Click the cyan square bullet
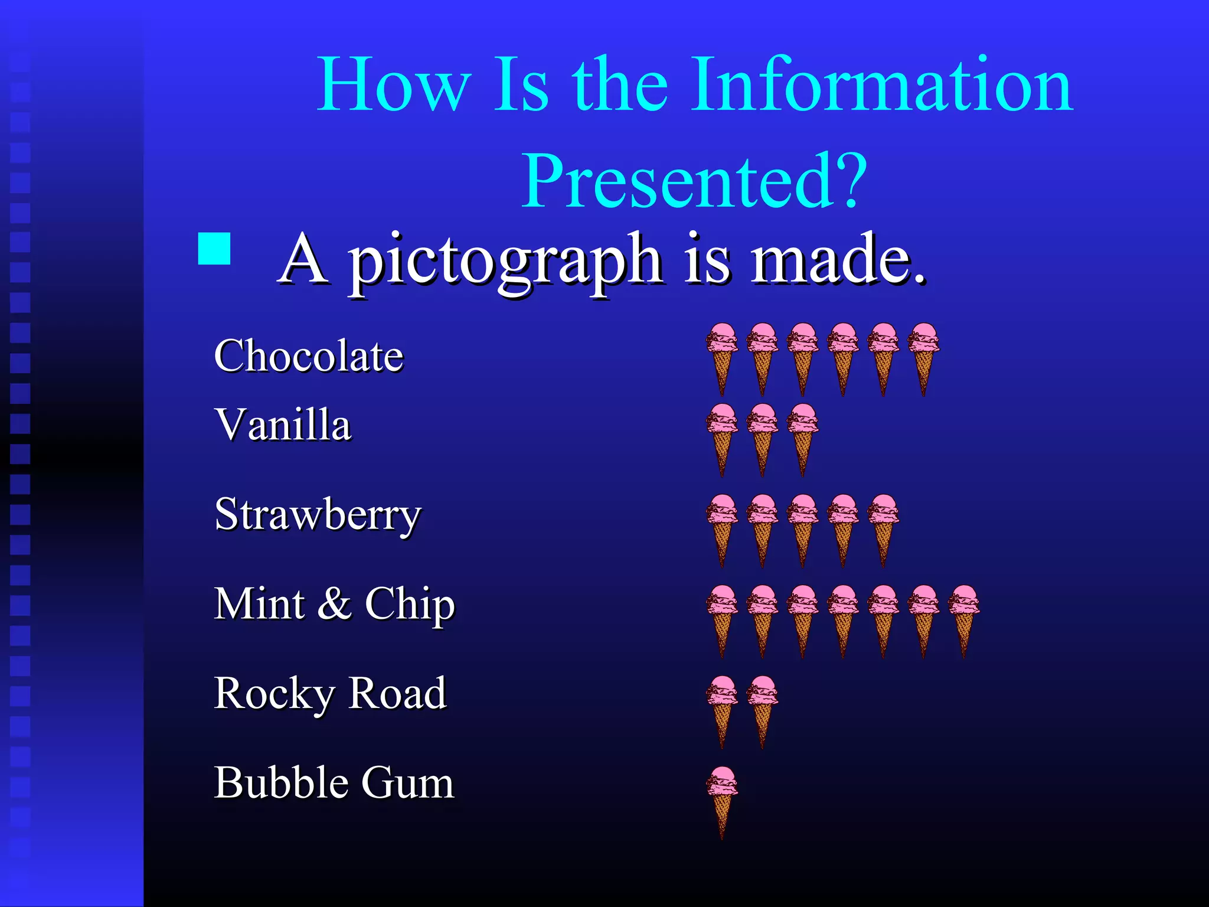click(214, 249)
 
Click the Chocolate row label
click(309, 356)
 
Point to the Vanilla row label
click(283, 425)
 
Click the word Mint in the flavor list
click(260, 604)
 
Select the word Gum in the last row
click(407, 783)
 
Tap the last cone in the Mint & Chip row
click(963, 620)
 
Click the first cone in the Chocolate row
click(722, 358)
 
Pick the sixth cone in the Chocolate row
click(923, 358)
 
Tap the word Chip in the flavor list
click(410, 604)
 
